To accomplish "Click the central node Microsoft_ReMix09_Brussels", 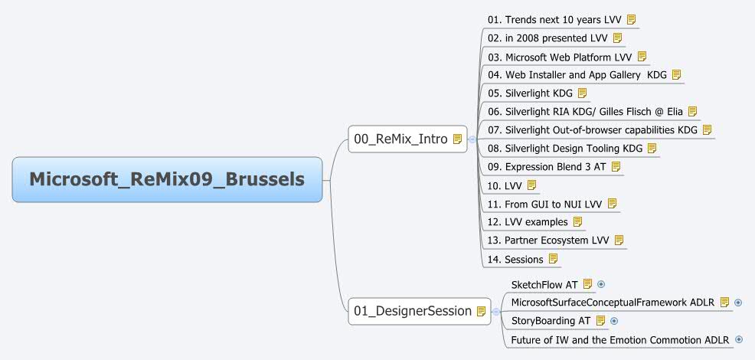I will (167, 179).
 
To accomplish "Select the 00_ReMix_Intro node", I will (400, 139).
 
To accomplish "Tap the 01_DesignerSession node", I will (412, 311).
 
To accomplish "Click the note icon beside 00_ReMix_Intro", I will (457, 139).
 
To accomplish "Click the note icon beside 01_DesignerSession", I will (481, 311).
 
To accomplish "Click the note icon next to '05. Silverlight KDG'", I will (582, 93).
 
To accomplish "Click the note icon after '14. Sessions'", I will (553, 259).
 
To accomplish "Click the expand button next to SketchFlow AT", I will (601, 284).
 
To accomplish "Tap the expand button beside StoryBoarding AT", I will (614, 321).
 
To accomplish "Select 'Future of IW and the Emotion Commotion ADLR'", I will (619, 339).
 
